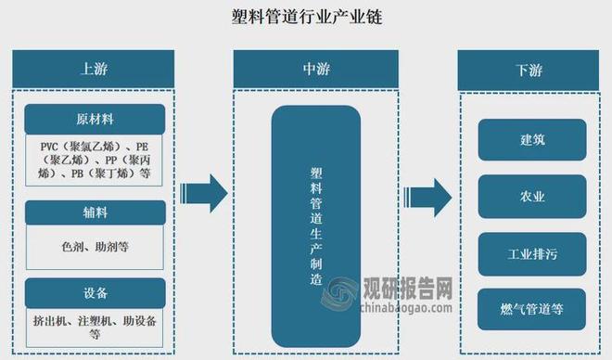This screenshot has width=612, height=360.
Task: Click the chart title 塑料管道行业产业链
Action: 306,18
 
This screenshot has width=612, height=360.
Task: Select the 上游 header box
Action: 94,69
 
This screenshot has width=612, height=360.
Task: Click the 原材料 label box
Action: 94,119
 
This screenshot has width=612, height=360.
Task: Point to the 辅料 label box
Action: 94,212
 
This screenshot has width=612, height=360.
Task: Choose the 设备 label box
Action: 94,293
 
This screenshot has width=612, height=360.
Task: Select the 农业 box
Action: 532,196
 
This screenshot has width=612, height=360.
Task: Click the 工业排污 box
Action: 532,252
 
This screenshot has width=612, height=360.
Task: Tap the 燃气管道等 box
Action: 532,309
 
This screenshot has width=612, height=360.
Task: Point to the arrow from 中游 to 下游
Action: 428,196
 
